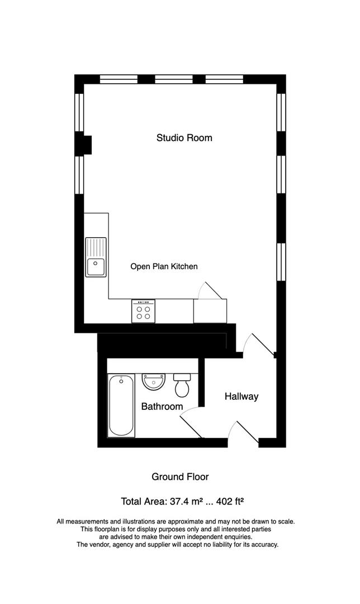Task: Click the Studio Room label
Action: (184, 138)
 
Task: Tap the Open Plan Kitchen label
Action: (164, 267)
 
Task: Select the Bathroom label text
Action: (162, 407)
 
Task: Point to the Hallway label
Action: (241, 397)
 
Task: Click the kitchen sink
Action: (96, 257)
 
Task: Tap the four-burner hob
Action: (144, 312)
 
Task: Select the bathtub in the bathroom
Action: (121, 405)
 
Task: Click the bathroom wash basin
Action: (153, 381)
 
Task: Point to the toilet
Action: (182, 385)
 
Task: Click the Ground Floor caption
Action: (180, 477)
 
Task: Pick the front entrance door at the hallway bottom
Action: (243, 434)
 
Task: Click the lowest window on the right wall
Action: (281, 261)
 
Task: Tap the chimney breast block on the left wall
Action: (87, 145)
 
